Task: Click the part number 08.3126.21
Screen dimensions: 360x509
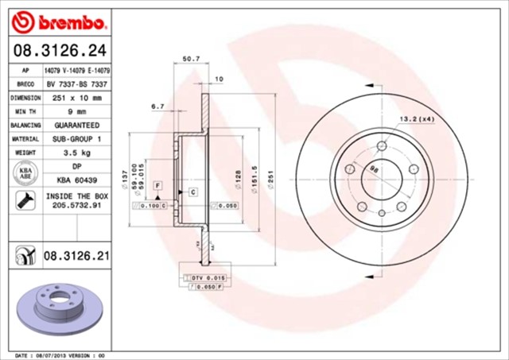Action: point(76,257)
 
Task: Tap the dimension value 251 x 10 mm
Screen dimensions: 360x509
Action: point(76,97)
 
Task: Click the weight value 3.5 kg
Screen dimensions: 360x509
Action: point(76,153)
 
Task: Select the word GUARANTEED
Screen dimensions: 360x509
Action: point(76,126)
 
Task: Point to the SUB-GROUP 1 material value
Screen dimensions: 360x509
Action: point(76,139)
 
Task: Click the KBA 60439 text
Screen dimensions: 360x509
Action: point(76,180)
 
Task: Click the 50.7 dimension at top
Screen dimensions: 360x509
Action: point(191,59)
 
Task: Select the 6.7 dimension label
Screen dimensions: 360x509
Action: point(157,106)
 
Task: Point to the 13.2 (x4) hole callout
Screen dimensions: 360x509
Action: point(415,119)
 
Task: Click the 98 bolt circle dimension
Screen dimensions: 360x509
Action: point(375,167)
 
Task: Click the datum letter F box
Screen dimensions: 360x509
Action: point(157,185)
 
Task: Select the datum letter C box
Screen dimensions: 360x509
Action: point(192,192)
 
